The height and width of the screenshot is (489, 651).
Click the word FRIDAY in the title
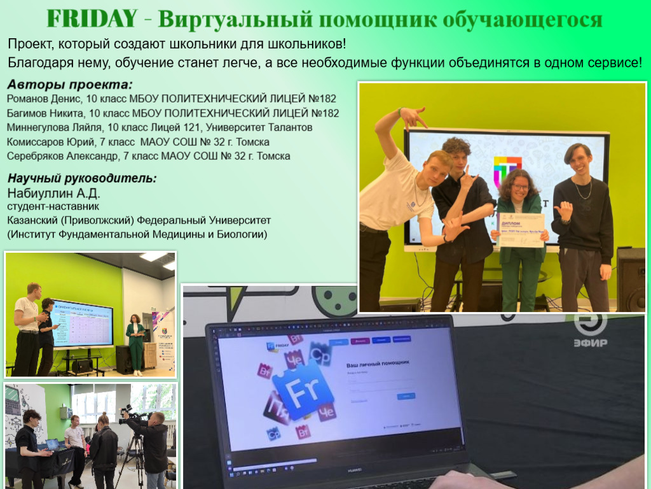pyautogui.click(x=92, y=19)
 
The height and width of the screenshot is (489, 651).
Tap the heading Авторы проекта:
pyautogui.click(x=71, y=84)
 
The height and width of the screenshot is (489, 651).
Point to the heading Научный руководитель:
pyautogui.click(x=81, y=178)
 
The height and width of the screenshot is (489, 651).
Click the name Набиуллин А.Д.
pyautogui.click(x=53, y=192)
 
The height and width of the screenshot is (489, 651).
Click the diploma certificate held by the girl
pyautogui.click(x=521, y=230)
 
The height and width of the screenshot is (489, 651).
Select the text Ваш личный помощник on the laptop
pyautogui.click(x=377, y=363)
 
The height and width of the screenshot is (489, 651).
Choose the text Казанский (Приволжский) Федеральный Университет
pyautogui.click(x=139, y=220)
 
